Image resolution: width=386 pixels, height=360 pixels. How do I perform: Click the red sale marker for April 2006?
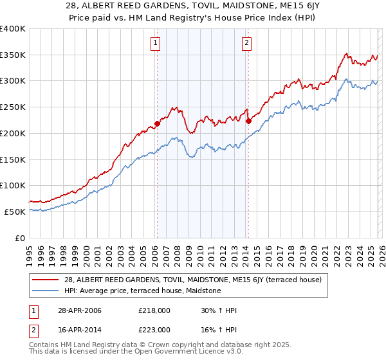tap(157, 123)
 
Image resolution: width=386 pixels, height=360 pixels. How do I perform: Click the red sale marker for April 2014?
tap(248, 120)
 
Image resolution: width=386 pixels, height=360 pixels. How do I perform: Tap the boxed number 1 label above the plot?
tap(156, 43)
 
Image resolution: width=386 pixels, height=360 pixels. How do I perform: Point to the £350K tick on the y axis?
tap(13, 55)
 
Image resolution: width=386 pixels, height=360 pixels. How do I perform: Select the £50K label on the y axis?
tap(15, 212)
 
